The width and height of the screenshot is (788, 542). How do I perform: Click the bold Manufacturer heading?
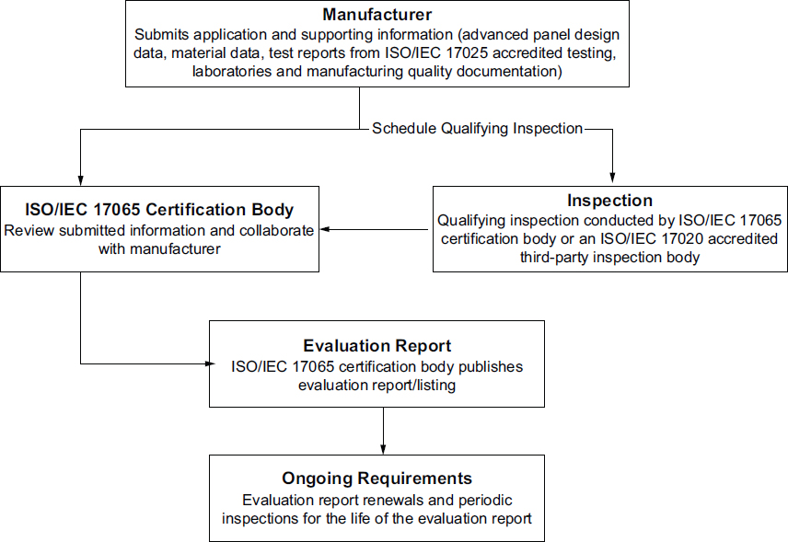(377, 15)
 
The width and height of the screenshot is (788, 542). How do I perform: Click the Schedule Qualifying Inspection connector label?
(477, 129)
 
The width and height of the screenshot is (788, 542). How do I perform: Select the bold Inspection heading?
(610, 200)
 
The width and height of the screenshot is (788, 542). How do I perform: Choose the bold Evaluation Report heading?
(377, 346)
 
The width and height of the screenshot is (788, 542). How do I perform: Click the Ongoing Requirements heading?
(377, 479)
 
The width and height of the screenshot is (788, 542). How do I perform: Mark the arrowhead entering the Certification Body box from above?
(81, 180)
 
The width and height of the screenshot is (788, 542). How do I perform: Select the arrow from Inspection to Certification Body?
(377, 229)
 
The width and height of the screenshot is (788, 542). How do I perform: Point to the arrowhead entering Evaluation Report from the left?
(204, 363)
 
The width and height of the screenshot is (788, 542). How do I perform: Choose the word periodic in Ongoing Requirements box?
(484, 500)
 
